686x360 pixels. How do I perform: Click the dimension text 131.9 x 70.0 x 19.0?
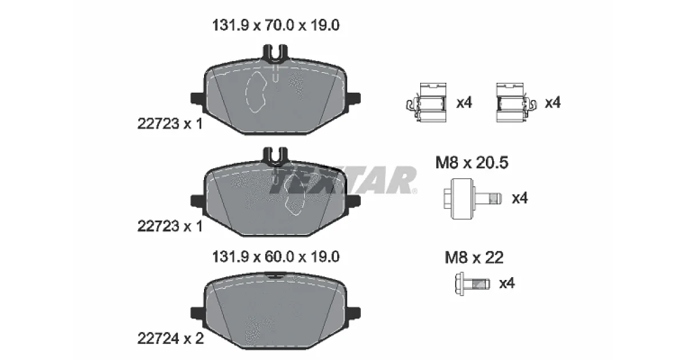276,25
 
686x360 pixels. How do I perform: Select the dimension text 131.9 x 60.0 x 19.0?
276,257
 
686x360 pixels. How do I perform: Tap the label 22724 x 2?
170,338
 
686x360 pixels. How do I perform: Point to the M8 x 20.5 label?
472,162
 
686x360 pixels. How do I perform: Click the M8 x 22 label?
474,258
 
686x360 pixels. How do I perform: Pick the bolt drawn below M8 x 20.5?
473,199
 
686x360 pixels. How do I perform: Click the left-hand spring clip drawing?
426,102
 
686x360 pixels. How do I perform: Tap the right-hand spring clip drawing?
516,102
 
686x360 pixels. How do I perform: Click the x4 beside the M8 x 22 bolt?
507,283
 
